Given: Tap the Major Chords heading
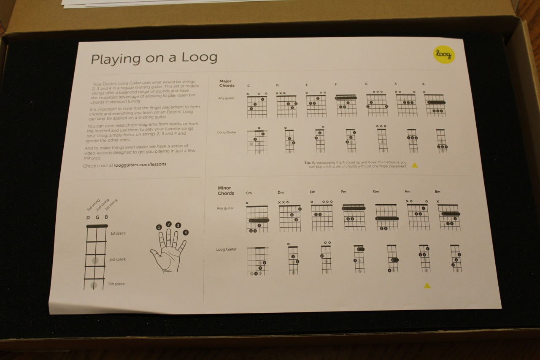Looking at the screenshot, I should pos(227,83).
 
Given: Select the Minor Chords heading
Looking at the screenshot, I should pos(226,191).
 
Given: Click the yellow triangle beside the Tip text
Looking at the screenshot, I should pos(415,165).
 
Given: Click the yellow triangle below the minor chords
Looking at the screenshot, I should pos(427,286).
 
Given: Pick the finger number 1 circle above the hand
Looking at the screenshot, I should pos(159,227).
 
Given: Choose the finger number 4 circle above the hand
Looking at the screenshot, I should pos(186,233).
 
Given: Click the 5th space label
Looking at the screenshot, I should pos(117,284).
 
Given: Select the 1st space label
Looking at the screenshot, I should pos(118,233).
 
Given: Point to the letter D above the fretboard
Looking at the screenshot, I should pos(88,217).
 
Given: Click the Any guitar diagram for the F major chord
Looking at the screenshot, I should pos(346,106).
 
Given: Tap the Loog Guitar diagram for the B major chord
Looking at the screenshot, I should pos(441,141).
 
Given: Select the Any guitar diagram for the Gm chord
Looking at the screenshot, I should pos(387,217).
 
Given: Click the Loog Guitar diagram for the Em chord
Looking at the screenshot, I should pos(326,259).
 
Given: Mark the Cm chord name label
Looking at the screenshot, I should pos(249,193).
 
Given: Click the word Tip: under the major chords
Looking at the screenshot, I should pos(307,162).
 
